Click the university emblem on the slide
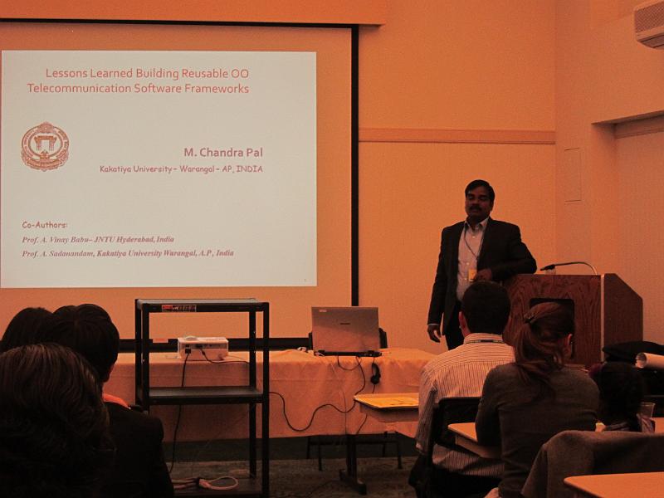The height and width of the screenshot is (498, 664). [45, 147]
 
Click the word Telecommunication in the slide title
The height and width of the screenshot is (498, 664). [79, 89]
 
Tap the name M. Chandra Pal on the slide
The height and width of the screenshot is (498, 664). [223, 153]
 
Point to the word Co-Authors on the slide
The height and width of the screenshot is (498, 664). [45, 225]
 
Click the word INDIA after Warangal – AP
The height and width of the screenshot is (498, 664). [250, 169]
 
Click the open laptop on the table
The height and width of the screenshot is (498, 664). [346, 330]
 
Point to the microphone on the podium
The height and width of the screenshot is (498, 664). [569, 265]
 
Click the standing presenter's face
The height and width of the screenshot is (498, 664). [479, 201]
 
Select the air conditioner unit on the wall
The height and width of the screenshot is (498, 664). [649, 22]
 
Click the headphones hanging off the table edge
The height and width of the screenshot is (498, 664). [375, 373]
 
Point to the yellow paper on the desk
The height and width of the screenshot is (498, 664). [387, 402]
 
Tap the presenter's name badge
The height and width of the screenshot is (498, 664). [471, 276]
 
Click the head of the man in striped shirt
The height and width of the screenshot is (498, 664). [485, 308]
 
